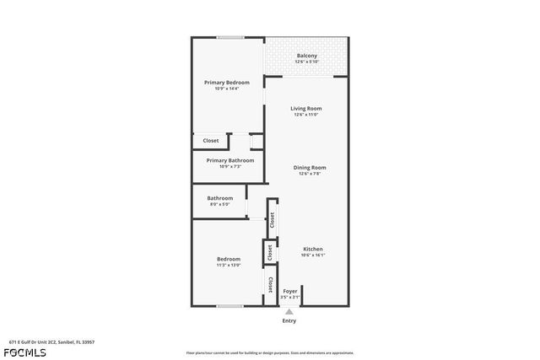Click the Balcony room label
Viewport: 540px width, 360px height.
[306, 56]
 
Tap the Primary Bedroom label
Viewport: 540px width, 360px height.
[227, 82]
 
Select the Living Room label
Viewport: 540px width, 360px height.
[306, 108]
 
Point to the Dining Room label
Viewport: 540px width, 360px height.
[310, 167]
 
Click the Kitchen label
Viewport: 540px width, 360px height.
[313, 249]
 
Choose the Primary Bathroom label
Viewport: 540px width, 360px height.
[229, 160]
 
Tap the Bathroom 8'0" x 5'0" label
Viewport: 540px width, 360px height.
[219, 198]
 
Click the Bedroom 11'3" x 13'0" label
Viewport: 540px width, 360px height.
[228, 259]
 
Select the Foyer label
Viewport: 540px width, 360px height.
[289, 292]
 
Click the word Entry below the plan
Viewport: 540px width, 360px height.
[289, 321]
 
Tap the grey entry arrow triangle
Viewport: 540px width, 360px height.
[289, 311]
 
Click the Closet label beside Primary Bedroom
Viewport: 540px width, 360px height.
[211, 140]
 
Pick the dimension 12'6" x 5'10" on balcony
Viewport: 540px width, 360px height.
[306, 62]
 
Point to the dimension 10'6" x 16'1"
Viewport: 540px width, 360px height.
[313, 255]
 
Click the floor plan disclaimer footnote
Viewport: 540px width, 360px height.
[270, 352]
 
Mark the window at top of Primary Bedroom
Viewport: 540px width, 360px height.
[229, 37]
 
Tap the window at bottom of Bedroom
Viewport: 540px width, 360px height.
[229, 306]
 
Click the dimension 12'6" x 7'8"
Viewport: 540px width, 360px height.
[310, 174]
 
